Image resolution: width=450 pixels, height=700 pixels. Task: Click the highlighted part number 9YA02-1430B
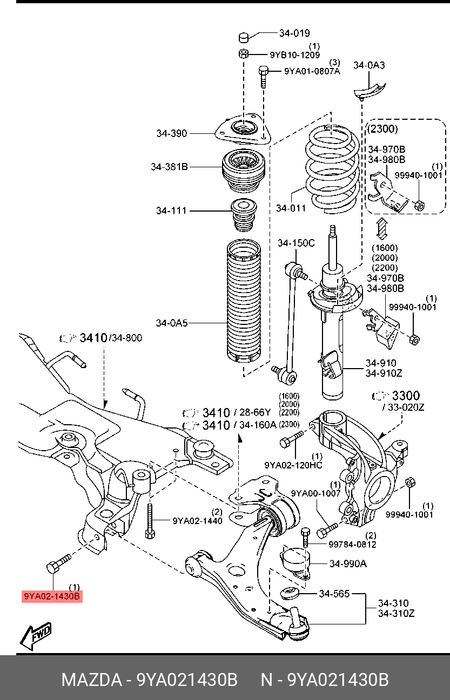(52, 596)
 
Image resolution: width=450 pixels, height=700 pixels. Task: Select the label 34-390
(172, 133)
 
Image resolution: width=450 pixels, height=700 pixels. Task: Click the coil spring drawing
(332, 169)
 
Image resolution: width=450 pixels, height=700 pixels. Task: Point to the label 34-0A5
(172, 323)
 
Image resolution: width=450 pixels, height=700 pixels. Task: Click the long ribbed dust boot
(244, 302)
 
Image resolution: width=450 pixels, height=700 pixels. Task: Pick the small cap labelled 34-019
(244, 37)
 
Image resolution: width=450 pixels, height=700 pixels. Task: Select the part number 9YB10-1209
(295, 55)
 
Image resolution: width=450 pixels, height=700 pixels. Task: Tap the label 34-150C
(296, 243)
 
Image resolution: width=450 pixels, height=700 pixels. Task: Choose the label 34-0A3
(369, 65)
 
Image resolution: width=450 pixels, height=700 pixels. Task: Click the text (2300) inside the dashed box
(382, 129)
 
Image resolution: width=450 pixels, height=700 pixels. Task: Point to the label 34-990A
(348, 564)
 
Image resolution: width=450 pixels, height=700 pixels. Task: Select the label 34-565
(334, 594)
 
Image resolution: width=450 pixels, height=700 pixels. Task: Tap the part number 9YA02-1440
(197, 521)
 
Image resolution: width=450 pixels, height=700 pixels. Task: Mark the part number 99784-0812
(352, 545)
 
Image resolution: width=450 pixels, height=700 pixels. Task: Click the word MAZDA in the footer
(92, 680)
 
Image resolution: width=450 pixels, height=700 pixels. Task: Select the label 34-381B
(170, 167)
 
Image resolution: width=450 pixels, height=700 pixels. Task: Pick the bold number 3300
(406, 396)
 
